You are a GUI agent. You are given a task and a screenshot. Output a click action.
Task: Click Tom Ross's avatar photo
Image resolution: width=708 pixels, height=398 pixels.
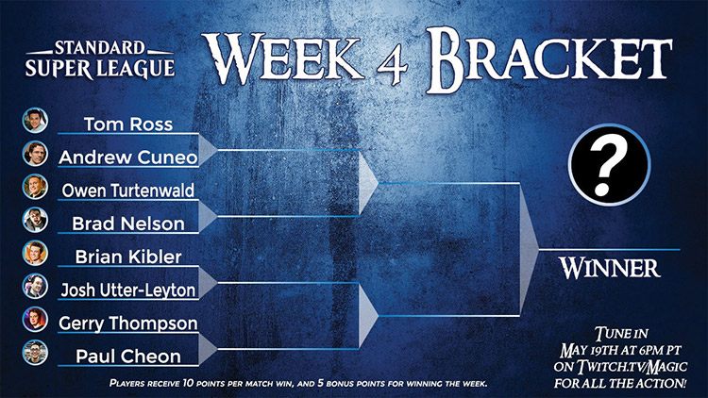35,120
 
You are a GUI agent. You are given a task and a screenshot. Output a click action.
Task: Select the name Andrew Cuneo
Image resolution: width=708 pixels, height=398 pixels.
128,158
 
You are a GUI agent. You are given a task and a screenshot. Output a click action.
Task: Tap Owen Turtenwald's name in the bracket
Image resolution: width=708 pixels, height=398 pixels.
128,191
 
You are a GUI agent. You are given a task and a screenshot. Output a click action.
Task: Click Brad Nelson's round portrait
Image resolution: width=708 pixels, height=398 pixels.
35,220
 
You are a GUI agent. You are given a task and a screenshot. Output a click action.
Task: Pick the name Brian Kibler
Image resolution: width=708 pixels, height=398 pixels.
128,257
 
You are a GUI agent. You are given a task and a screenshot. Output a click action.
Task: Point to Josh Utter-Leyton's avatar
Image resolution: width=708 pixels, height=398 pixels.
35,286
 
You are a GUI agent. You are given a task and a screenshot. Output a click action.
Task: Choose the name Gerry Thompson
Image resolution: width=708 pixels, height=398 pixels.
128,323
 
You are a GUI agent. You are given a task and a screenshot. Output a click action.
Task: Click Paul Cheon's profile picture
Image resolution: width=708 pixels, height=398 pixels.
35,353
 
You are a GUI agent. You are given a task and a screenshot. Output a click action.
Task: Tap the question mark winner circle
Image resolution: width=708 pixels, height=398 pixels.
609,165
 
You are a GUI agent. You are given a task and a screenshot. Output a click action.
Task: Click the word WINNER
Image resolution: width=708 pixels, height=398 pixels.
610,268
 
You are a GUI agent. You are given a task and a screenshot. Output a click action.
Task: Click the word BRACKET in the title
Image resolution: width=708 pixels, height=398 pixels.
549,59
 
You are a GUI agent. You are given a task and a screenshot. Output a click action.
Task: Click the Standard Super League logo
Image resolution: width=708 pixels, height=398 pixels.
100,59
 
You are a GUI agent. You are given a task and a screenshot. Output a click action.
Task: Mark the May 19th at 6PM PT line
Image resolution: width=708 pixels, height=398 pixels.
620,351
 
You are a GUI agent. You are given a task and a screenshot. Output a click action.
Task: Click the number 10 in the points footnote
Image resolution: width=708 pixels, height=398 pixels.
188,384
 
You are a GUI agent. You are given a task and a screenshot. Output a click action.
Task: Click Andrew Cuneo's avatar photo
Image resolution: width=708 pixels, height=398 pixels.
35,154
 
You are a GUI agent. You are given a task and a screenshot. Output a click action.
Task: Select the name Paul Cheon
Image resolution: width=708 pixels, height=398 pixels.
128,357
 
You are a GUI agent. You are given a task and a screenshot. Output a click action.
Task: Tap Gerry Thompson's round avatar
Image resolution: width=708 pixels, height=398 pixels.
35,319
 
